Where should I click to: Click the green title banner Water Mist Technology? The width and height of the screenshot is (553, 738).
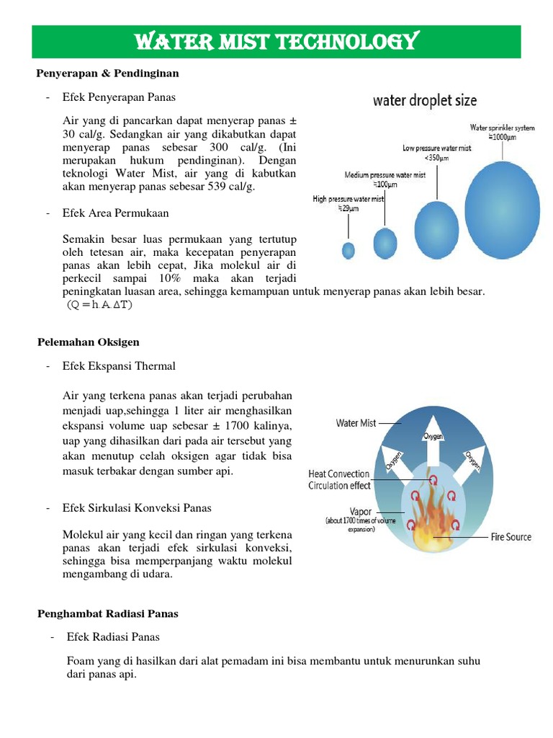click(x=276, y=42)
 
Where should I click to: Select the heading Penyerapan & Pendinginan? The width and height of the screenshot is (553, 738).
click(x=107, y=74)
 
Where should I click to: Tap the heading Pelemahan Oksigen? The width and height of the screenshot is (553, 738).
click(x=88, y=342)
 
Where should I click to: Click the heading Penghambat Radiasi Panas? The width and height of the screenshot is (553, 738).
click(x=107, y=613)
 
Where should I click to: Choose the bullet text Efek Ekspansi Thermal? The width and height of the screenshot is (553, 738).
click(x=119, y=366)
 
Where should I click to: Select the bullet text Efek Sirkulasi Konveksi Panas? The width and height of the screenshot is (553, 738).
click(x=137, y=508)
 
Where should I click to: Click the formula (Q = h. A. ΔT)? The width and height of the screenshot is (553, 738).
click(x=100, y=304)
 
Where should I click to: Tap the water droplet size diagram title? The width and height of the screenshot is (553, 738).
click(x=424, y=100)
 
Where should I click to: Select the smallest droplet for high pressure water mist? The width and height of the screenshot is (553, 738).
click(x=349, y=250)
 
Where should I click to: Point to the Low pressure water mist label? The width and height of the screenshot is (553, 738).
click(x=436, y=153)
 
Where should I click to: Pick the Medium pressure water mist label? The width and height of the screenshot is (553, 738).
click(x=385, y=179)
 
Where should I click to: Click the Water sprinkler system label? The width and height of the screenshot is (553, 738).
click(x=503, y=131)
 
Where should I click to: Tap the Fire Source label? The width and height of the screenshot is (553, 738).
click(x=511, y=537)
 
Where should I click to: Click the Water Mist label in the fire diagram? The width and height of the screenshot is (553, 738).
click(x=356, y=423)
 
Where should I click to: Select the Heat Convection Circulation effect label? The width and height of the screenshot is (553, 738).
click(x=339, y=479)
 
